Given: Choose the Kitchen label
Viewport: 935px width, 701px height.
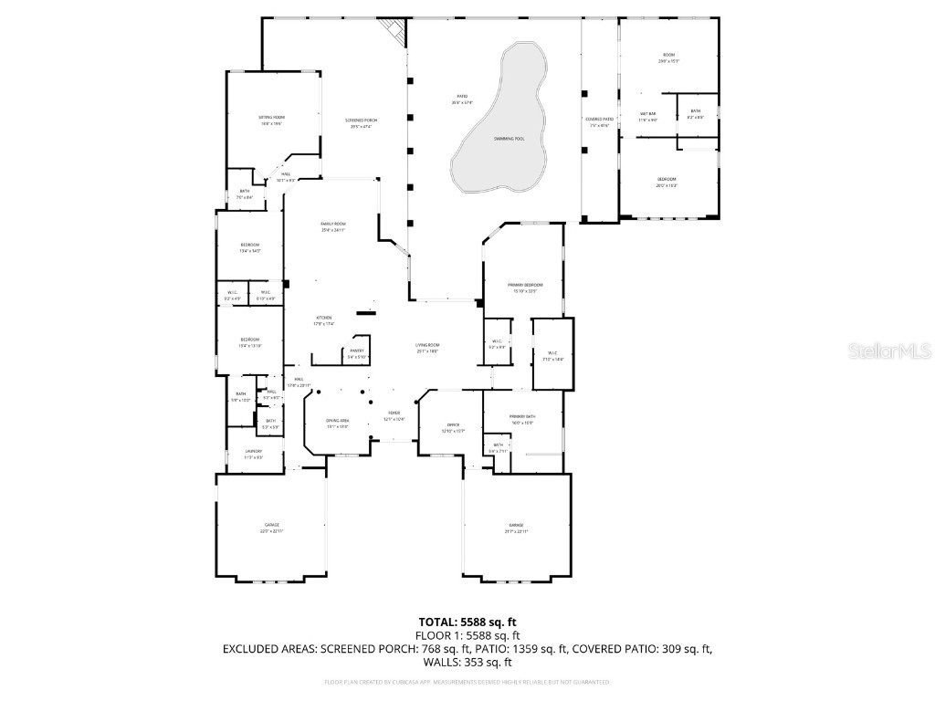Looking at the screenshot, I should pyautogui.click(x=324, y=320).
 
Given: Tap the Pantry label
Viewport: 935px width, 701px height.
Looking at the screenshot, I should pyautogui.click(x=357, y=353).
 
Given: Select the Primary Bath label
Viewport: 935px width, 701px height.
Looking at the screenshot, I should pyautogui.click(x=521, y=419).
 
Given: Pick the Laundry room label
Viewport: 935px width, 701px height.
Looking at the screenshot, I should pyautogui.click(x=253, y=454).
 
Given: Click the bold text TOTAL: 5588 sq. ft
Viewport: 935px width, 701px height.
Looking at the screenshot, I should pyautogui.click(x=467, y=622).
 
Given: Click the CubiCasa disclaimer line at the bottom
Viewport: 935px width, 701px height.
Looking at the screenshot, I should pyautogui.click(x=467, y=682).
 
